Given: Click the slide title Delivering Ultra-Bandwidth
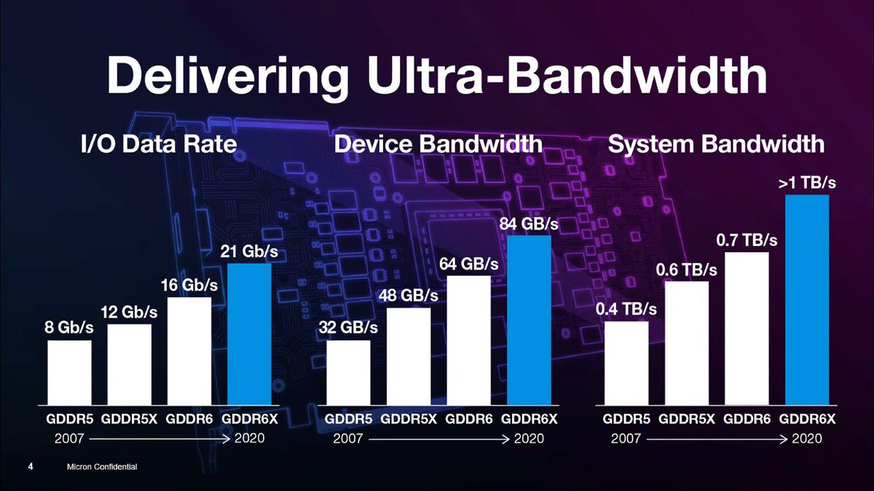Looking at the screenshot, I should (x=437, y=75).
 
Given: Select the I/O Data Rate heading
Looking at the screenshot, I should (x=158, y=144).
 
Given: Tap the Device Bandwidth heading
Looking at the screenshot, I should (x=438, y=144).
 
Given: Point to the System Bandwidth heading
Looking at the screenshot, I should (x=716, y=144).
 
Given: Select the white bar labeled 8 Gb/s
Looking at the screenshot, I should (x=70, y=372).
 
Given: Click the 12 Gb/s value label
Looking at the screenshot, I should (x=129, y=312).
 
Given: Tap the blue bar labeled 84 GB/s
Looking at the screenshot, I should (x=529, y=320).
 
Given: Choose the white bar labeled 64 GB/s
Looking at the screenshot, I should (x=468, y=340).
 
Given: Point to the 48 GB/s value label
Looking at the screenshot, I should (x=408, y=296).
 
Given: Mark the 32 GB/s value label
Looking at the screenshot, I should (x=348, y=328).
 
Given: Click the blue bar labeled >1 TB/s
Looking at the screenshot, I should (x=808, y=299).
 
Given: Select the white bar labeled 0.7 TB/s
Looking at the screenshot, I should (x=747, y=329).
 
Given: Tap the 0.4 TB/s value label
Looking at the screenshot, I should (x=626, y=309).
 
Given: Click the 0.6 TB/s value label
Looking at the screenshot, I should (x=687, y=270).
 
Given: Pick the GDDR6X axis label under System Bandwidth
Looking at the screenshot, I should (x=807, y=420).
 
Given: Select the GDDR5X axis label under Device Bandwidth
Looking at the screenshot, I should (x=409, y=420).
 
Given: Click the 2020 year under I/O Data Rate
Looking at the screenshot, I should (x=249, y=439).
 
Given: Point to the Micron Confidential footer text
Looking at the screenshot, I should (x=101, y=466).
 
